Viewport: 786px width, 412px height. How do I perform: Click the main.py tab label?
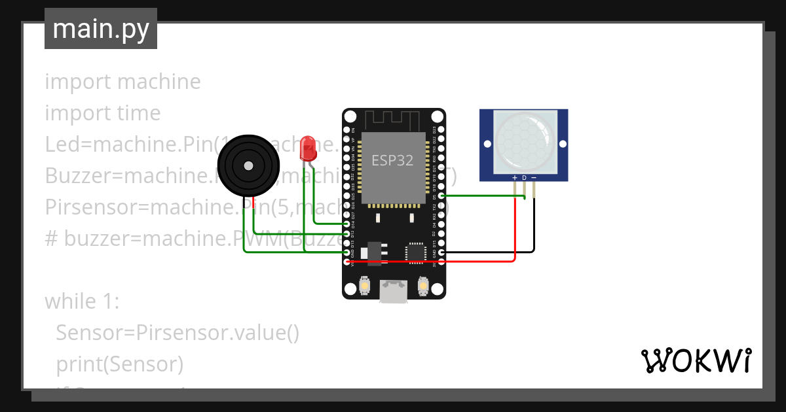tap(101, 29)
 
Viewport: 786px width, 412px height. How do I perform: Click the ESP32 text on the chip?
tap(392, 160)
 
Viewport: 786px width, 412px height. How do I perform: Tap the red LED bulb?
tap(308, 150)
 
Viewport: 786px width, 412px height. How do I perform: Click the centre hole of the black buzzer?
tap(248, 166)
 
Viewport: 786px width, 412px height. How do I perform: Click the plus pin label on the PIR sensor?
tap(514, 178)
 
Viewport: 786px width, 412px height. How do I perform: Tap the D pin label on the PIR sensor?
tap(524, 178)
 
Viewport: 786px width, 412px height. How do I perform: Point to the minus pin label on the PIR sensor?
tap(533, 178)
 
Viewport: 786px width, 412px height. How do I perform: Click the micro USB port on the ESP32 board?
tap(393, 290)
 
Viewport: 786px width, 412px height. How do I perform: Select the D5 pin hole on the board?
tap(441, 196)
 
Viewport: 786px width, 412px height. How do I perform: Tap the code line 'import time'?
tap(102, 113)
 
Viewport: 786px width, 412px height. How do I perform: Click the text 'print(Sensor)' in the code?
tap(119, 364)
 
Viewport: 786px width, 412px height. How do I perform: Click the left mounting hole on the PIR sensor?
tap(487, 143)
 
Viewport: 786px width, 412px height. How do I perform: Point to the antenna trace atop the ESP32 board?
tap(392, 120)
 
